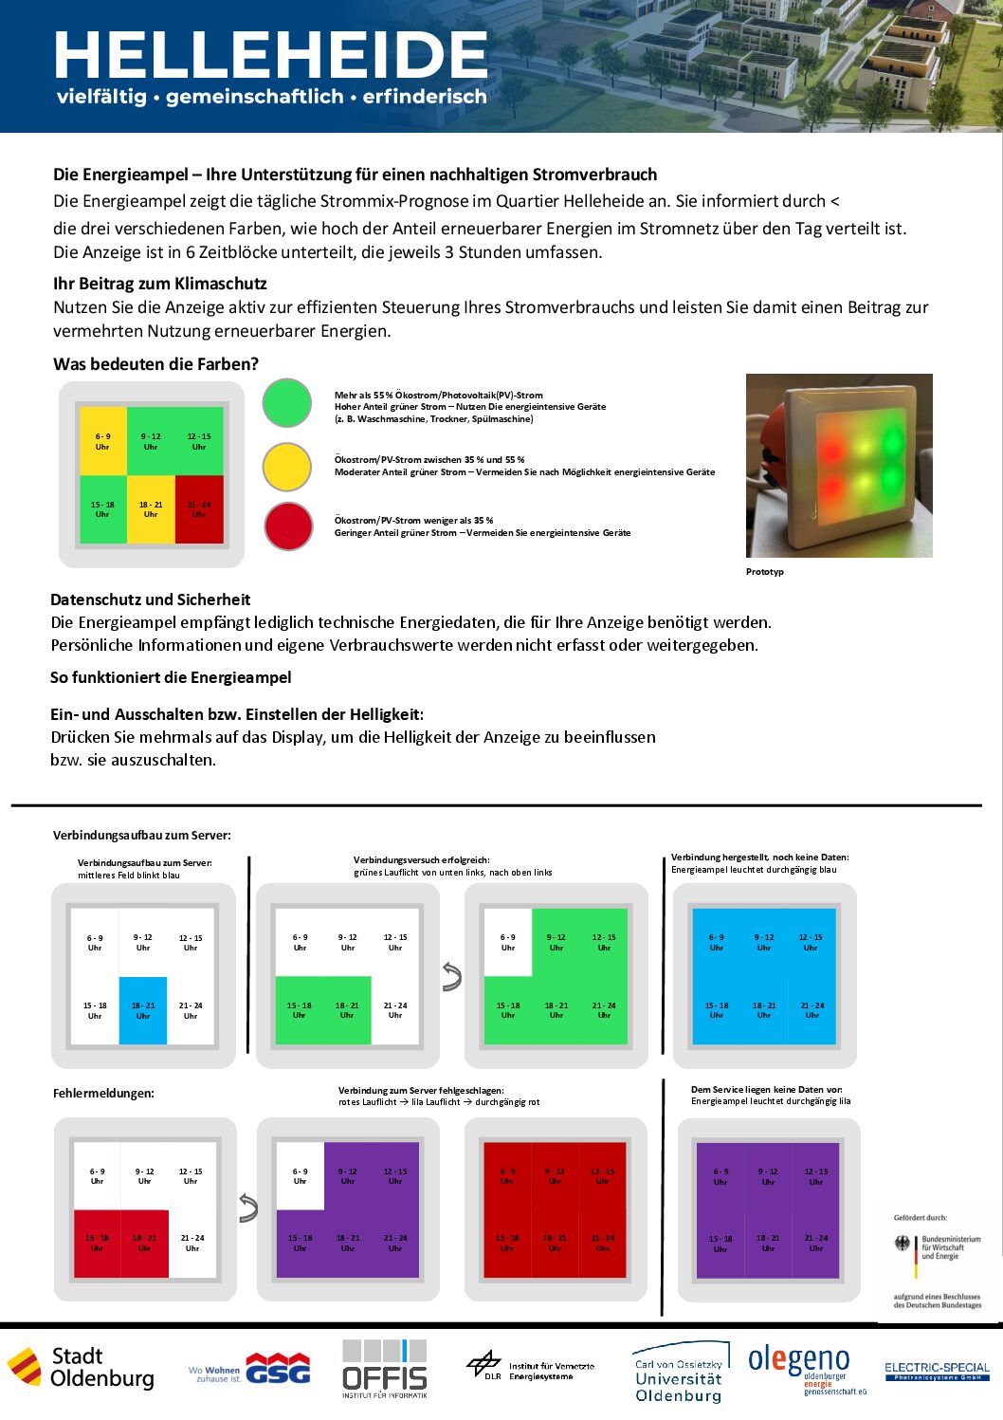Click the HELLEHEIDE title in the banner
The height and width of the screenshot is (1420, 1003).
coord(271,55)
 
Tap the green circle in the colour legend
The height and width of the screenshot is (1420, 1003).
coord(287,402)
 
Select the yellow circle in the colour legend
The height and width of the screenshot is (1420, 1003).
coord(287,466)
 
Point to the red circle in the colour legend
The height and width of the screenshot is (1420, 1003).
coord(288,526)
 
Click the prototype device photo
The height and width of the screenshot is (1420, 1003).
coord(839,465)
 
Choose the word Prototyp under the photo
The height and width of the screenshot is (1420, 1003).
coord(765,572)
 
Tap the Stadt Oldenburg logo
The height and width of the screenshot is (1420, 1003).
coord(82,1368)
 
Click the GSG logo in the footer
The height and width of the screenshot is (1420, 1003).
coord(277,1368)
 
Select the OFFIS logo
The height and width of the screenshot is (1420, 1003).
coord(385,1369)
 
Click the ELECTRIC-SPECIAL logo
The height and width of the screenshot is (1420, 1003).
coord(937,1372)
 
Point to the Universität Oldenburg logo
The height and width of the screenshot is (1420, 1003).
coord(680,1373)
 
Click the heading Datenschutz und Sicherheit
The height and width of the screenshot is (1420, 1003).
coord(150,599)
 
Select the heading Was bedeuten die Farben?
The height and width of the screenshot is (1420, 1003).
coord(155,364)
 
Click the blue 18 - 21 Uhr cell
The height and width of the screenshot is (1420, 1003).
coord(143,1010)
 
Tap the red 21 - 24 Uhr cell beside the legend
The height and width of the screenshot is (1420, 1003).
coord(199,509)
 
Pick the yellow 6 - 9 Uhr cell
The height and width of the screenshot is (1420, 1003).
coord(102,441)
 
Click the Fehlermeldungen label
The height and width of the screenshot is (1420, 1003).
coord(103,1093)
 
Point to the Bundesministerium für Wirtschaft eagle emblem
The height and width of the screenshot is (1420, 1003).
coord(903,1243)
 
